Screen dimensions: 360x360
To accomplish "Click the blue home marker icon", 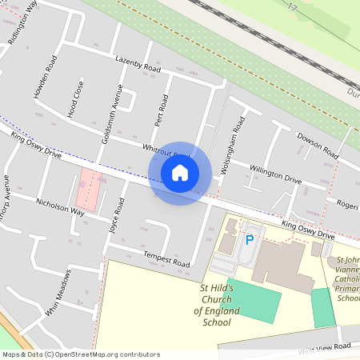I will (x=180, y=172).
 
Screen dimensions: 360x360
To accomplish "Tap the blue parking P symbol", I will (x=249, y=239).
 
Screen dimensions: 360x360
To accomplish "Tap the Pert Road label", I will (x=161, y=111).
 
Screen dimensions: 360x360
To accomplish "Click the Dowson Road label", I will (x=318, y=144).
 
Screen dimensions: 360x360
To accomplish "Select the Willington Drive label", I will (x=275, y=174).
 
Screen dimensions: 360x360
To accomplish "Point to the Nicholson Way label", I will (x=60, y=208).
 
